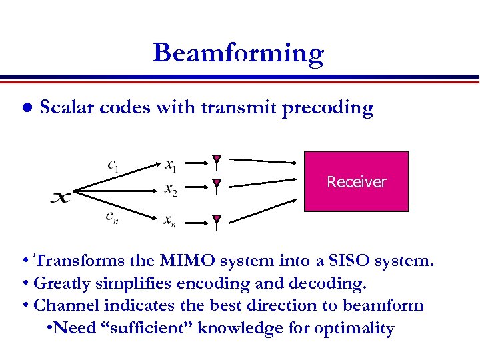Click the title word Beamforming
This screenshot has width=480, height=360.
pos(238,53)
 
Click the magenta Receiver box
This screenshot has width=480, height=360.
pos(357,181)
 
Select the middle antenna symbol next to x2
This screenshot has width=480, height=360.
pos(217,187)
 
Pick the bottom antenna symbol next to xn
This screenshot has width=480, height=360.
pos(217,223)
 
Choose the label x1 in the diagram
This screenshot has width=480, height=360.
pos(171,163)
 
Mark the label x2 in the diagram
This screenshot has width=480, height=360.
pos(171,189)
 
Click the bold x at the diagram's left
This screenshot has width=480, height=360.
pos(61,197)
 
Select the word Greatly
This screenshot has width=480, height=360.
pos(61,283)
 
